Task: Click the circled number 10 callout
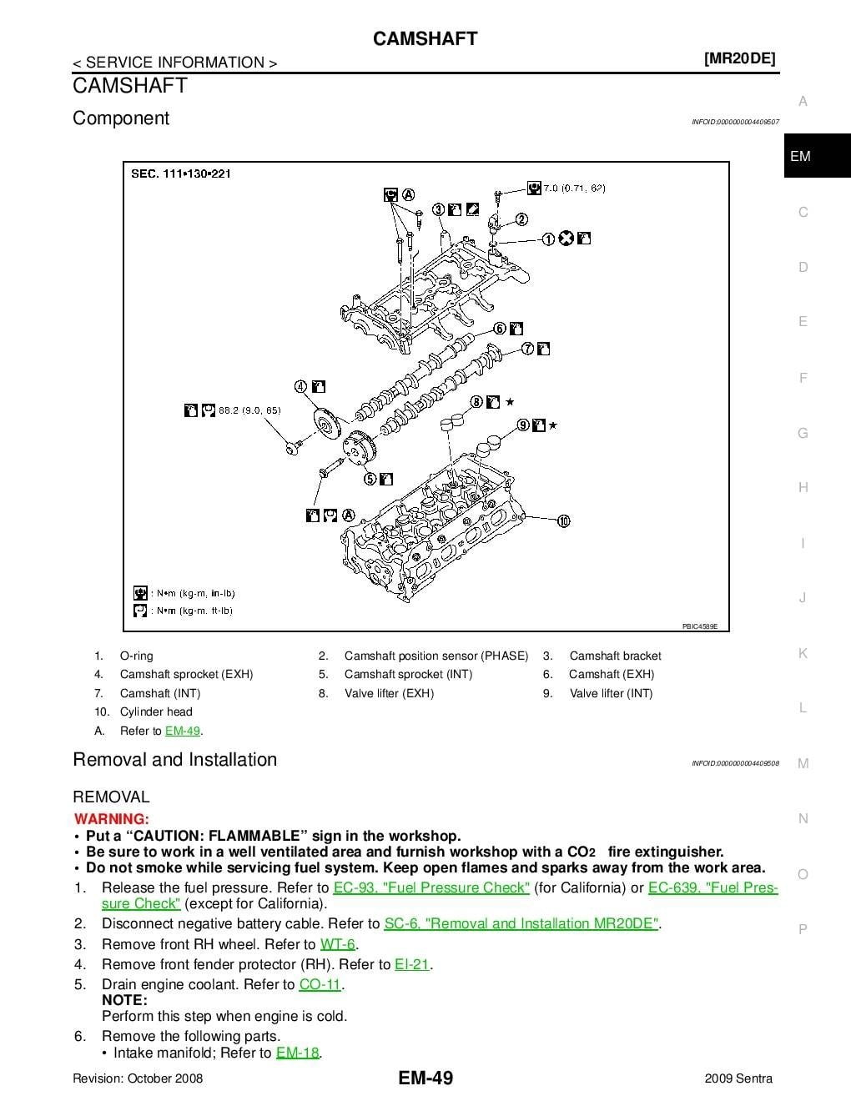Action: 563,521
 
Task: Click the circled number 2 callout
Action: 521,219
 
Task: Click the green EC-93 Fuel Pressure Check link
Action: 431,887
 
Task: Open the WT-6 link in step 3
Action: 337,944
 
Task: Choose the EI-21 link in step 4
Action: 411,964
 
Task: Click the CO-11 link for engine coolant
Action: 320,984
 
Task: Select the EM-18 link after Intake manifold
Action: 297,1053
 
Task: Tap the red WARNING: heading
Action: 112,819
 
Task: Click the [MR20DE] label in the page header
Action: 739,58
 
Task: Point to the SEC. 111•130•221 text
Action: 181,173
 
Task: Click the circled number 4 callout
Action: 301,386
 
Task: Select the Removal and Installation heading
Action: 174,760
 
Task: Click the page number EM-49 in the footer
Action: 425,1078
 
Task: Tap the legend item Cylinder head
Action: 156,711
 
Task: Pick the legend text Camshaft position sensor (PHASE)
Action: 436,656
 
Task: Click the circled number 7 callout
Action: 528,349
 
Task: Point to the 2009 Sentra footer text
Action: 738,1078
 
